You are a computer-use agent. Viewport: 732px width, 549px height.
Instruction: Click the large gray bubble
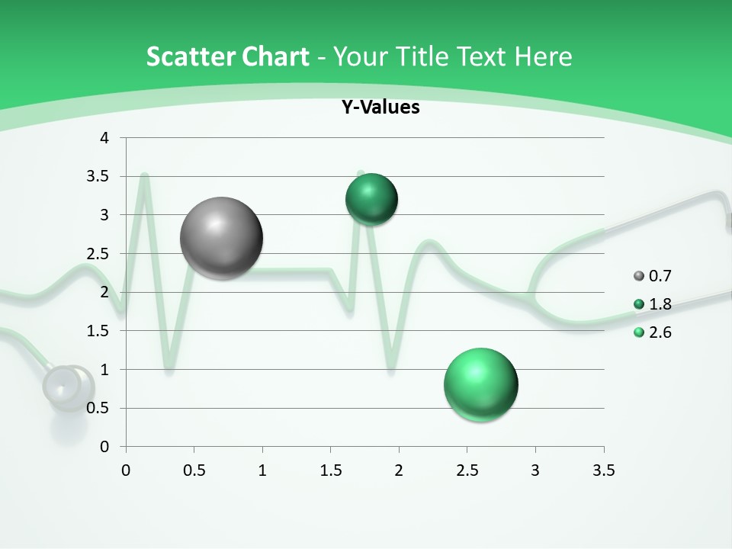point(222,238)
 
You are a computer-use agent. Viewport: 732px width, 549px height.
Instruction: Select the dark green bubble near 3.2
point(371,199)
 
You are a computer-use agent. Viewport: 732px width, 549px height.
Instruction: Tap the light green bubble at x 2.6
point(481,384)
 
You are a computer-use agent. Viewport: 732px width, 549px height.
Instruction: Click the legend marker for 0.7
point(639,276)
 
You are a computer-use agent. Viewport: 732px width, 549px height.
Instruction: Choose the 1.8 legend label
point(660,304)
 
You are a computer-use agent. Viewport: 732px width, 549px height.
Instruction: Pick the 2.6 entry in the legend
point(660,332)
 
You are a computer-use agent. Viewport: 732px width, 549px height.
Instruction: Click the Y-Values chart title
point(380,108)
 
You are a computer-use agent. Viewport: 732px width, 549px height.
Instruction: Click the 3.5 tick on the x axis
point(603,470)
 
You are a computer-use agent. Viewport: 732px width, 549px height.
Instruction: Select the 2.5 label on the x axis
point(467,470)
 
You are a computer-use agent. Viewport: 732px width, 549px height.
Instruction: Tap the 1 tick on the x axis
point(262,470)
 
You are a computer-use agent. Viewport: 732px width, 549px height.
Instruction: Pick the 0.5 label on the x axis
point(194,470)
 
